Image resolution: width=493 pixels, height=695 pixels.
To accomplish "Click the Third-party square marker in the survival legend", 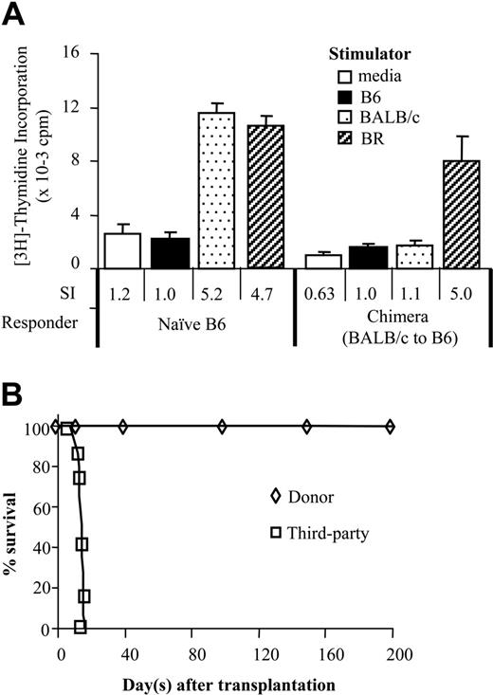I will pyautogui.click(x=275, y=534).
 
